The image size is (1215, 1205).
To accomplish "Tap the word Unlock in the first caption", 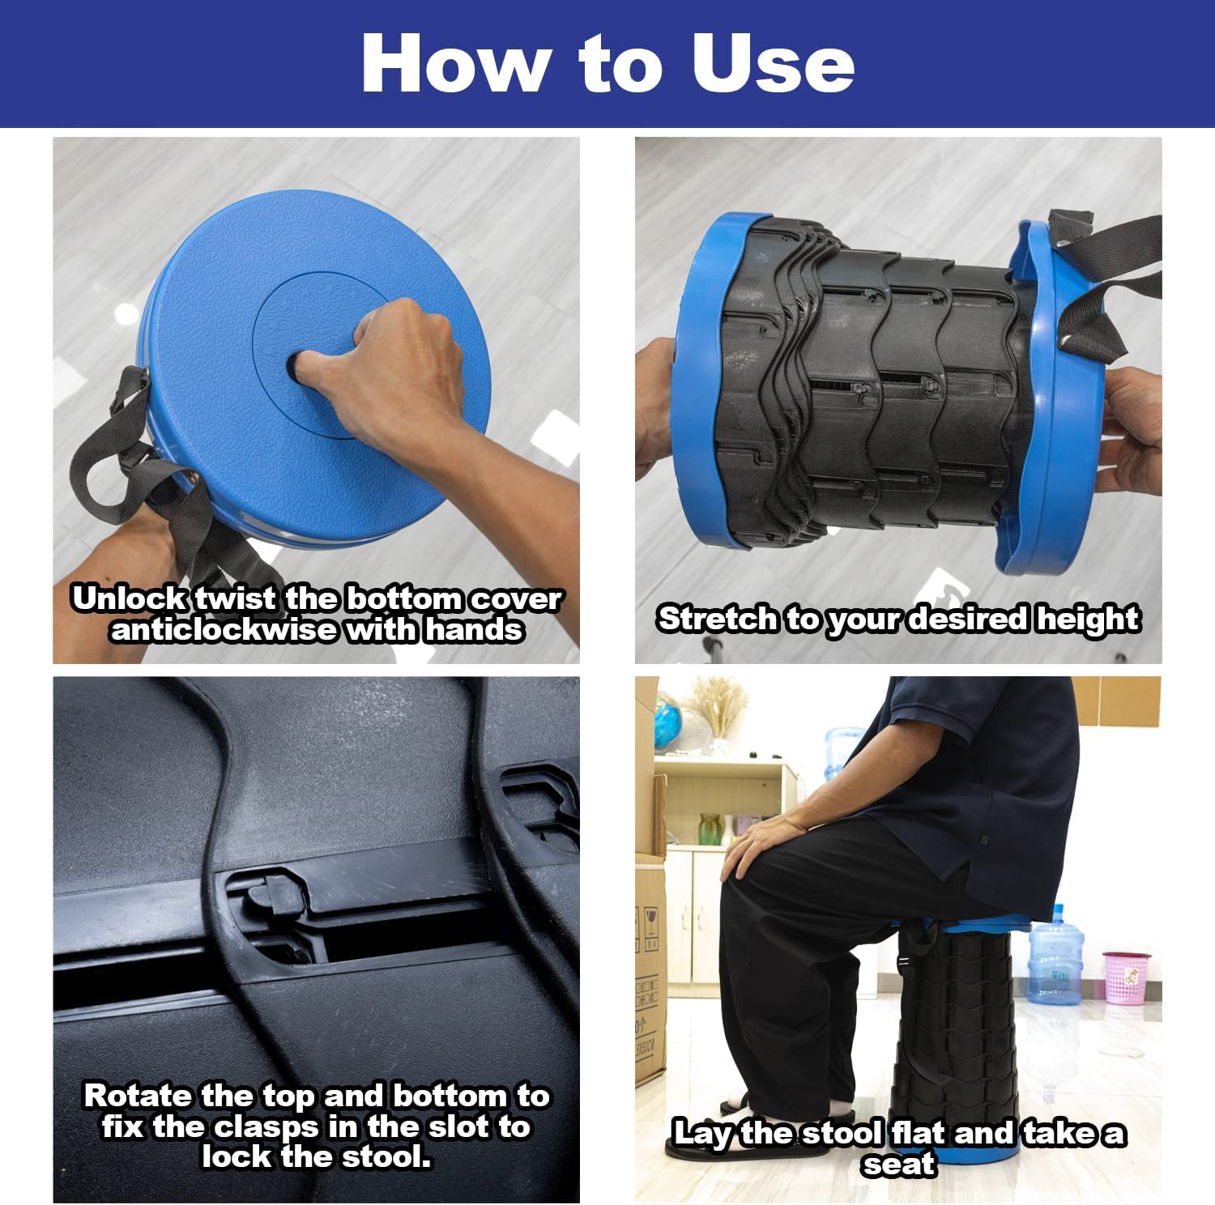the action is point(130,598).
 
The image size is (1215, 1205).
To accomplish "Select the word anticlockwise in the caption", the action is point(224,629).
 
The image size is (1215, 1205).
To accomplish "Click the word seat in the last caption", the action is point(899,1164).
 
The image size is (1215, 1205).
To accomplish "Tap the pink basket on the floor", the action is point(1127,977).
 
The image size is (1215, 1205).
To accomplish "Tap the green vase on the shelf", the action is point(710,830).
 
